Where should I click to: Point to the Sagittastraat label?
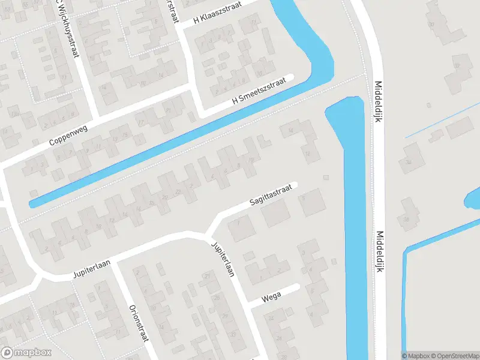271,197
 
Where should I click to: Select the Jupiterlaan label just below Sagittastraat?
221,260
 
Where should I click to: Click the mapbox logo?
26,353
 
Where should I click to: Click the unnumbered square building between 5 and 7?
275,214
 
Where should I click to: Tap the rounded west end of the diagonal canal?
34,203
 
